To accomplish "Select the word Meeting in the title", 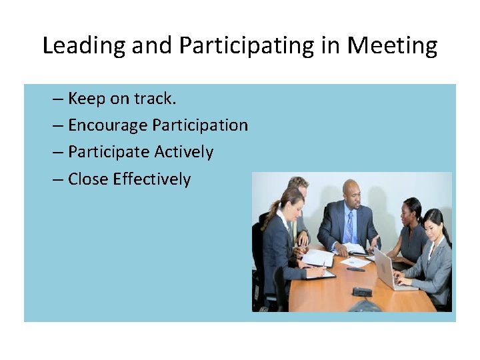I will point(393,46).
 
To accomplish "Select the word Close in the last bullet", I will point(88,179).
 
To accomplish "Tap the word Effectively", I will point(152,179).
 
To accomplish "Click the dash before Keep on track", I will point(58,99).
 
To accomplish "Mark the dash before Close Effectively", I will point(58,179).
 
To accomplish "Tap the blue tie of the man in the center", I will point(349,227).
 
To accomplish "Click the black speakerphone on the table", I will point(363,292).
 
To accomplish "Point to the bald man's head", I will point(351,191).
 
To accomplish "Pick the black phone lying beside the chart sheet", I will point(355,269).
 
